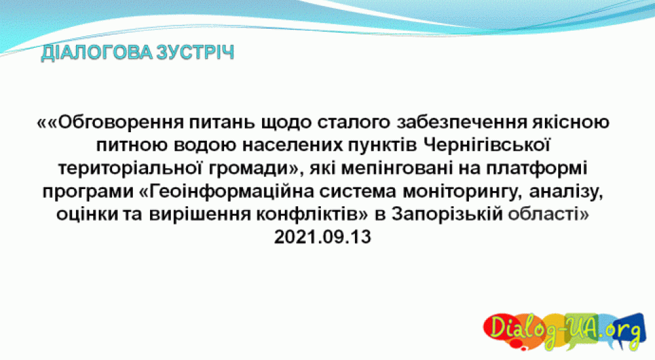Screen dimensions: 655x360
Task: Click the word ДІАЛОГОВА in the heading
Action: (x=96, y=53)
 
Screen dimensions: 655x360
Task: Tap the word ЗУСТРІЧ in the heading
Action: (x=195, y=53)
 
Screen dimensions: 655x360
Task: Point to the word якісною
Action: (x=571, y=122)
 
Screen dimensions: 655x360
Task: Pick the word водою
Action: (x=205, y=145)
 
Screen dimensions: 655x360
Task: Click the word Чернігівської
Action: (x=486, y=145)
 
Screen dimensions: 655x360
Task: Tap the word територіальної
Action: (x=130, y=168)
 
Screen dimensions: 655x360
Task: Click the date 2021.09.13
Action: (x=322, y=237)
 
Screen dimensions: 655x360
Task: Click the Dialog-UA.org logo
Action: (x=565, y=331)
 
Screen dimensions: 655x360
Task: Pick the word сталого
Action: (x=354, y=122)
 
